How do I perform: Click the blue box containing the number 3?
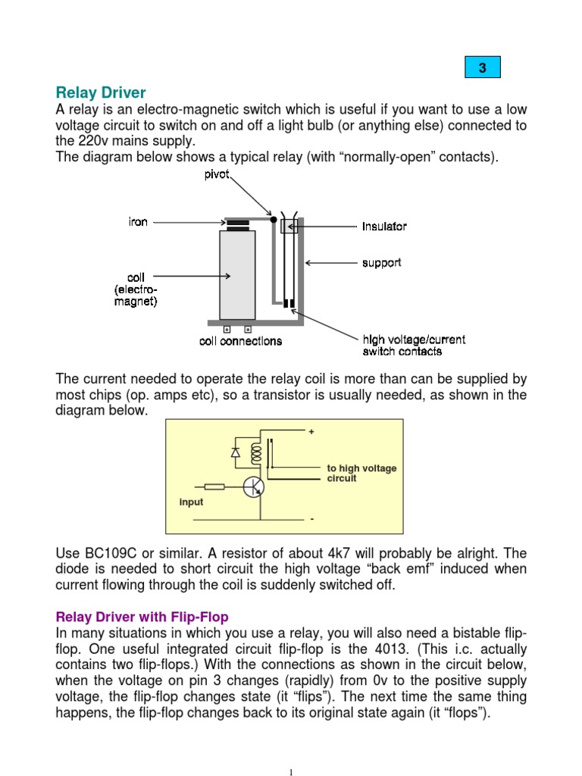[x=482, y=68]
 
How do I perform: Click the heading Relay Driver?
[x=101, y=93]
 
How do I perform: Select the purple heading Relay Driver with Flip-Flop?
[x=142, y=618]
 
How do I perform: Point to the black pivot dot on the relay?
[x=274, y=220]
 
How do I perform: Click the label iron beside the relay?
[x=138, y=222]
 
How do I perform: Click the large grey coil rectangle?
[x=237, y=274]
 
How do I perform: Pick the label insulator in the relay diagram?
[x=384, y=227]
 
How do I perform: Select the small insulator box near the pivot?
[x=289, y=226]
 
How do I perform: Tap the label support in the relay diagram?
[x=381, y=263]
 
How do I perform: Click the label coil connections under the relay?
[x=240, y=341]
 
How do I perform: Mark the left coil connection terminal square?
[x=227, y=330]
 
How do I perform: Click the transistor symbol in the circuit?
[x=254, y=487]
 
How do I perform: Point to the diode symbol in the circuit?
[x=235, y=452]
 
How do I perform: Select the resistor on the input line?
[x=214, y=487]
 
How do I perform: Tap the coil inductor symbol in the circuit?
[x=255, y=455]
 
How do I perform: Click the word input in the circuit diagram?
[x=191, y=502]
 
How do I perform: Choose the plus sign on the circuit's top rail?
[x=311, y=432]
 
